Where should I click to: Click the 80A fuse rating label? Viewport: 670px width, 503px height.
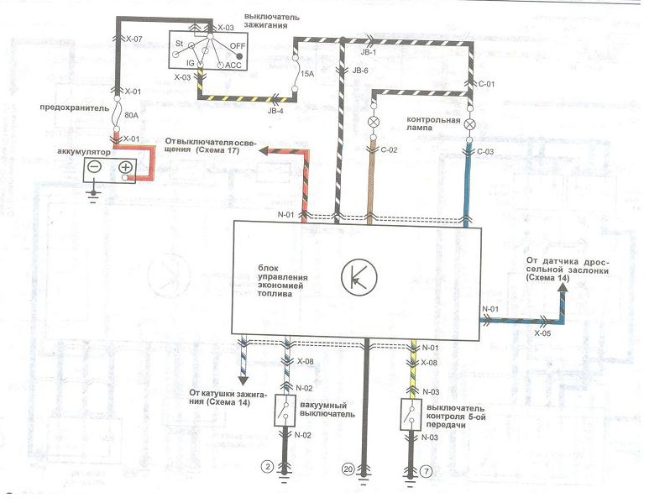tap(130, 114)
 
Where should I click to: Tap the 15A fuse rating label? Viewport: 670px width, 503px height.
tap(308, 74)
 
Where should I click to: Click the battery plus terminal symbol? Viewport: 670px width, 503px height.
tap(126, 166)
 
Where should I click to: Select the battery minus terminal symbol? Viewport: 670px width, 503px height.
tap(95, 166)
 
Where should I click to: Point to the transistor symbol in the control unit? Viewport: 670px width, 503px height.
tap(359, 277)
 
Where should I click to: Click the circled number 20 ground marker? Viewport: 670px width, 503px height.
tap(348, 469)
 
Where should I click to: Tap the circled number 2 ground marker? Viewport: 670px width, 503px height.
tap(268, 467)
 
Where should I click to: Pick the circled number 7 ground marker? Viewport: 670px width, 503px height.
tap(426, 471)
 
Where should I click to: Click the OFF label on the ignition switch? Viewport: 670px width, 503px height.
tap(238, 45)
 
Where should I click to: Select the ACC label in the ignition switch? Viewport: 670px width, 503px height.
tap(233, 65)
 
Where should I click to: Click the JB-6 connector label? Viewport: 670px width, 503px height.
tap(359, 71)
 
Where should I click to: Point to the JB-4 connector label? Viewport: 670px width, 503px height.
tap(276, 111)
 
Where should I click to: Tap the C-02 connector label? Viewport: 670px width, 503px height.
tap(389, 150)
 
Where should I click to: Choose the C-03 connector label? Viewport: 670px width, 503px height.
tap(485, 152)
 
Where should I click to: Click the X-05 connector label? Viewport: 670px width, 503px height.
tap(542, 333)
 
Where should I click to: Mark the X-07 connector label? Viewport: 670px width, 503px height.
tap(133, 39)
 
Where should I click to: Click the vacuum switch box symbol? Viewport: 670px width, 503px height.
tap(285, 411)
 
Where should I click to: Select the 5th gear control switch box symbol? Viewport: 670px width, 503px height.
tap(411, 414)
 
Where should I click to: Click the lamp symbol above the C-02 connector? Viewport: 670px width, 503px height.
tap(373, 122)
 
